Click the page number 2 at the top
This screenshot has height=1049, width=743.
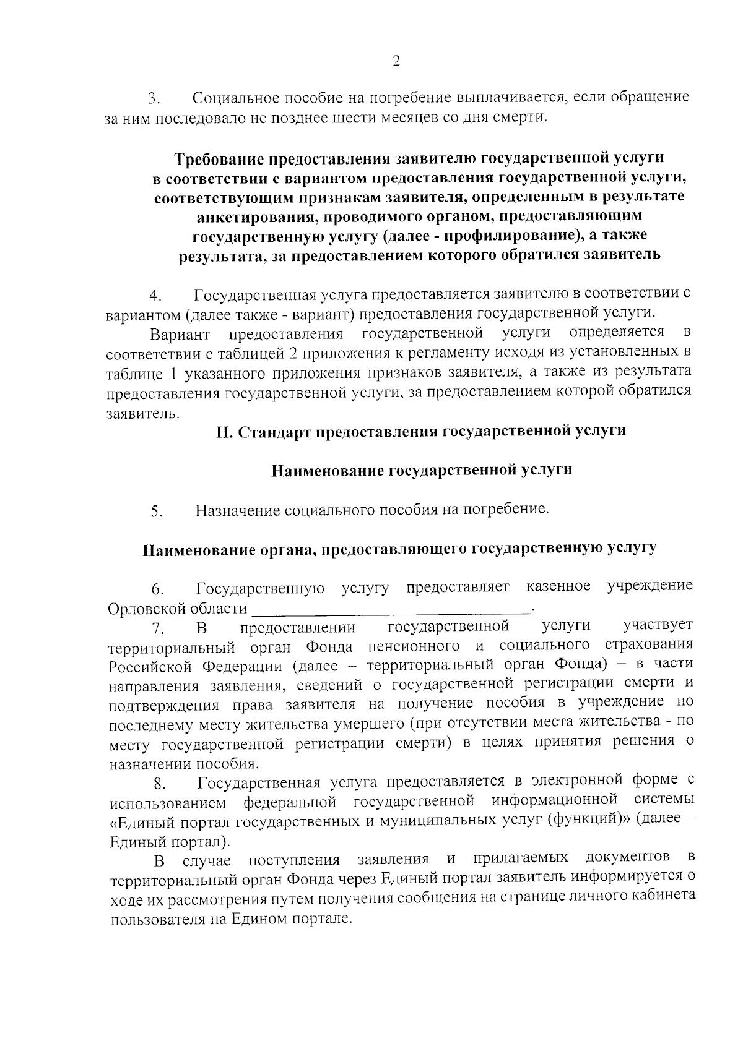click(x=396, y=60)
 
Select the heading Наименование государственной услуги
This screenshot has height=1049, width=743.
click(x=422, y=470)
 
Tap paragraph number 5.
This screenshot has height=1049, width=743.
click(x=156, y=512)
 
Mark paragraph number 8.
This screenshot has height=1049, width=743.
click(x=160, y=785)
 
